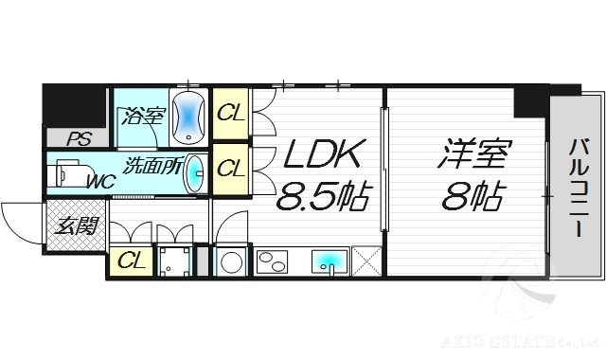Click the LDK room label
pyautogui.click(x=319, y=154)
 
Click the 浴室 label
pyautogui.click(x=142, y=117)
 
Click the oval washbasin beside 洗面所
pyautogui.click(x=195, y=171)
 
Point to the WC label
pyautogui.click(x=99, y=180)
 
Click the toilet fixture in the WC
pyautogui.click(x=68, y=173)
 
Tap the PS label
pyautogui.click(x=78, y=139)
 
